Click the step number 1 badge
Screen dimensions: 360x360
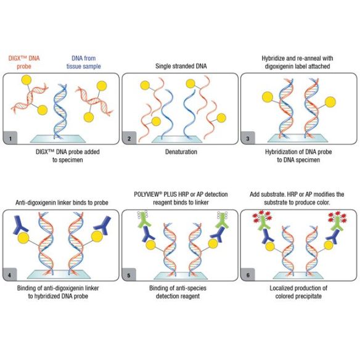coord(10,137)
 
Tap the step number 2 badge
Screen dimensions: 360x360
coord(129,137)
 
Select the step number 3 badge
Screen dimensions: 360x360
coord(248,137)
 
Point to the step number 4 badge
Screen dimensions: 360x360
coord(10,274)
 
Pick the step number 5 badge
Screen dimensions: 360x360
coord(129,274)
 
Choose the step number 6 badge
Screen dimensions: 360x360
coord(248,274)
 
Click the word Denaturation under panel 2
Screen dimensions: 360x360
coord(181,152)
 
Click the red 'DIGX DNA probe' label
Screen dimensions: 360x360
coord(24,62)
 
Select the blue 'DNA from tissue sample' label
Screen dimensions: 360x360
coord(84,62)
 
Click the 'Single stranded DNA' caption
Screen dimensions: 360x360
coord(181,66)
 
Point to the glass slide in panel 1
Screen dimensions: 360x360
coord(58,139)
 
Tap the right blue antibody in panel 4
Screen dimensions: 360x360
coord(102,226)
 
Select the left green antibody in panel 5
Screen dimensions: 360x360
coord(144,219)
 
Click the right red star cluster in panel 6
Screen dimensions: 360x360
coord(338,217)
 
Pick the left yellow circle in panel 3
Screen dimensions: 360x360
coord(268,97)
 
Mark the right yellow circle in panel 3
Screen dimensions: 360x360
coord(330,102)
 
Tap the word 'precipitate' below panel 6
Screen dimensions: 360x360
coord(309,296)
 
